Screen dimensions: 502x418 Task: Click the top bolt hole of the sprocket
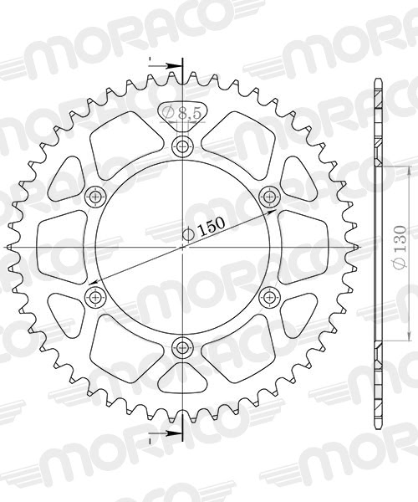[181, 147]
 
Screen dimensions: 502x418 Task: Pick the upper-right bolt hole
[268, 197]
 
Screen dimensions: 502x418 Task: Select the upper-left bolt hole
[94, 197]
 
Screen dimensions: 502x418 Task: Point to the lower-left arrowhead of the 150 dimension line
[93, 283]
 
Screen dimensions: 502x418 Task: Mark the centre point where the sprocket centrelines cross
[181, 247]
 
